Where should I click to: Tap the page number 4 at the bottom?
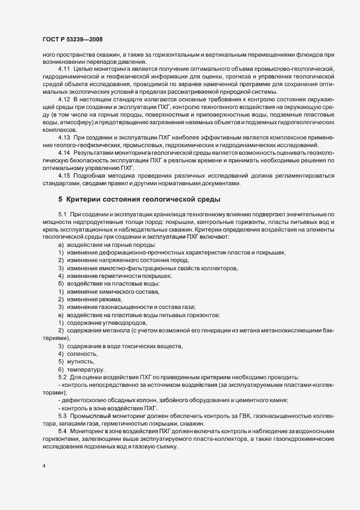[x=44, y=466]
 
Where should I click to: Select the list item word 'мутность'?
[x=81, y=362]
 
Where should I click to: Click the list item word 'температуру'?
[x=86, y=370]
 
